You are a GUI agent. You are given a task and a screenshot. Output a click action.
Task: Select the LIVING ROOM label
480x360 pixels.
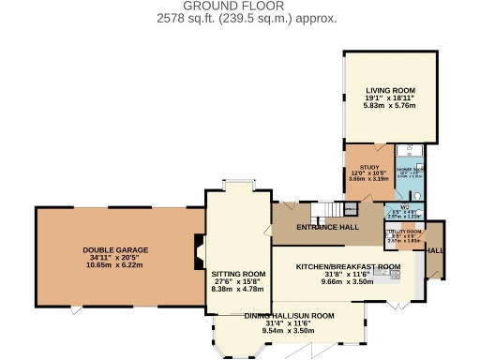coord(390,90)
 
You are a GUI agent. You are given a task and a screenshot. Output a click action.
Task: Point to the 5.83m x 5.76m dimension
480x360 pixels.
coord(390,105)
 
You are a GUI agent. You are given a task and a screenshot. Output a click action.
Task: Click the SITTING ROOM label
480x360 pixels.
coord(239,274)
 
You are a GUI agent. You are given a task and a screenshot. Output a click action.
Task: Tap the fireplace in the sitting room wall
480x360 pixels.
coord(199,250)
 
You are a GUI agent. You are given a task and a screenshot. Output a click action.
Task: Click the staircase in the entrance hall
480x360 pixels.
coord(325,210)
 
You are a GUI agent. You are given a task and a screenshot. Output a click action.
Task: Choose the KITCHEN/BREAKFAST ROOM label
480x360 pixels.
coord(348,266)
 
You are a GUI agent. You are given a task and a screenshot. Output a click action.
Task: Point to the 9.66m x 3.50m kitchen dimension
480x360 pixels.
coord(348,281)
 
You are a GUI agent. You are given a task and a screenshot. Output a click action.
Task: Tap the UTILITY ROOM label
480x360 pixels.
coord(406,231)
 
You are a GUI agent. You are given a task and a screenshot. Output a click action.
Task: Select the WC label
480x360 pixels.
coord(406,206)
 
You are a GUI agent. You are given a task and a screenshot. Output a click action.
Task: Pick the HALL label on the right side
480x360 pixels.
coord(434,251)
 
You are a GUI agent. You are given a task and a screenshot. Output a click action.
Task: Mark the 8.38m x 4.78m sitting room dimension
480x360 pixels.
coord(239,290)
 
